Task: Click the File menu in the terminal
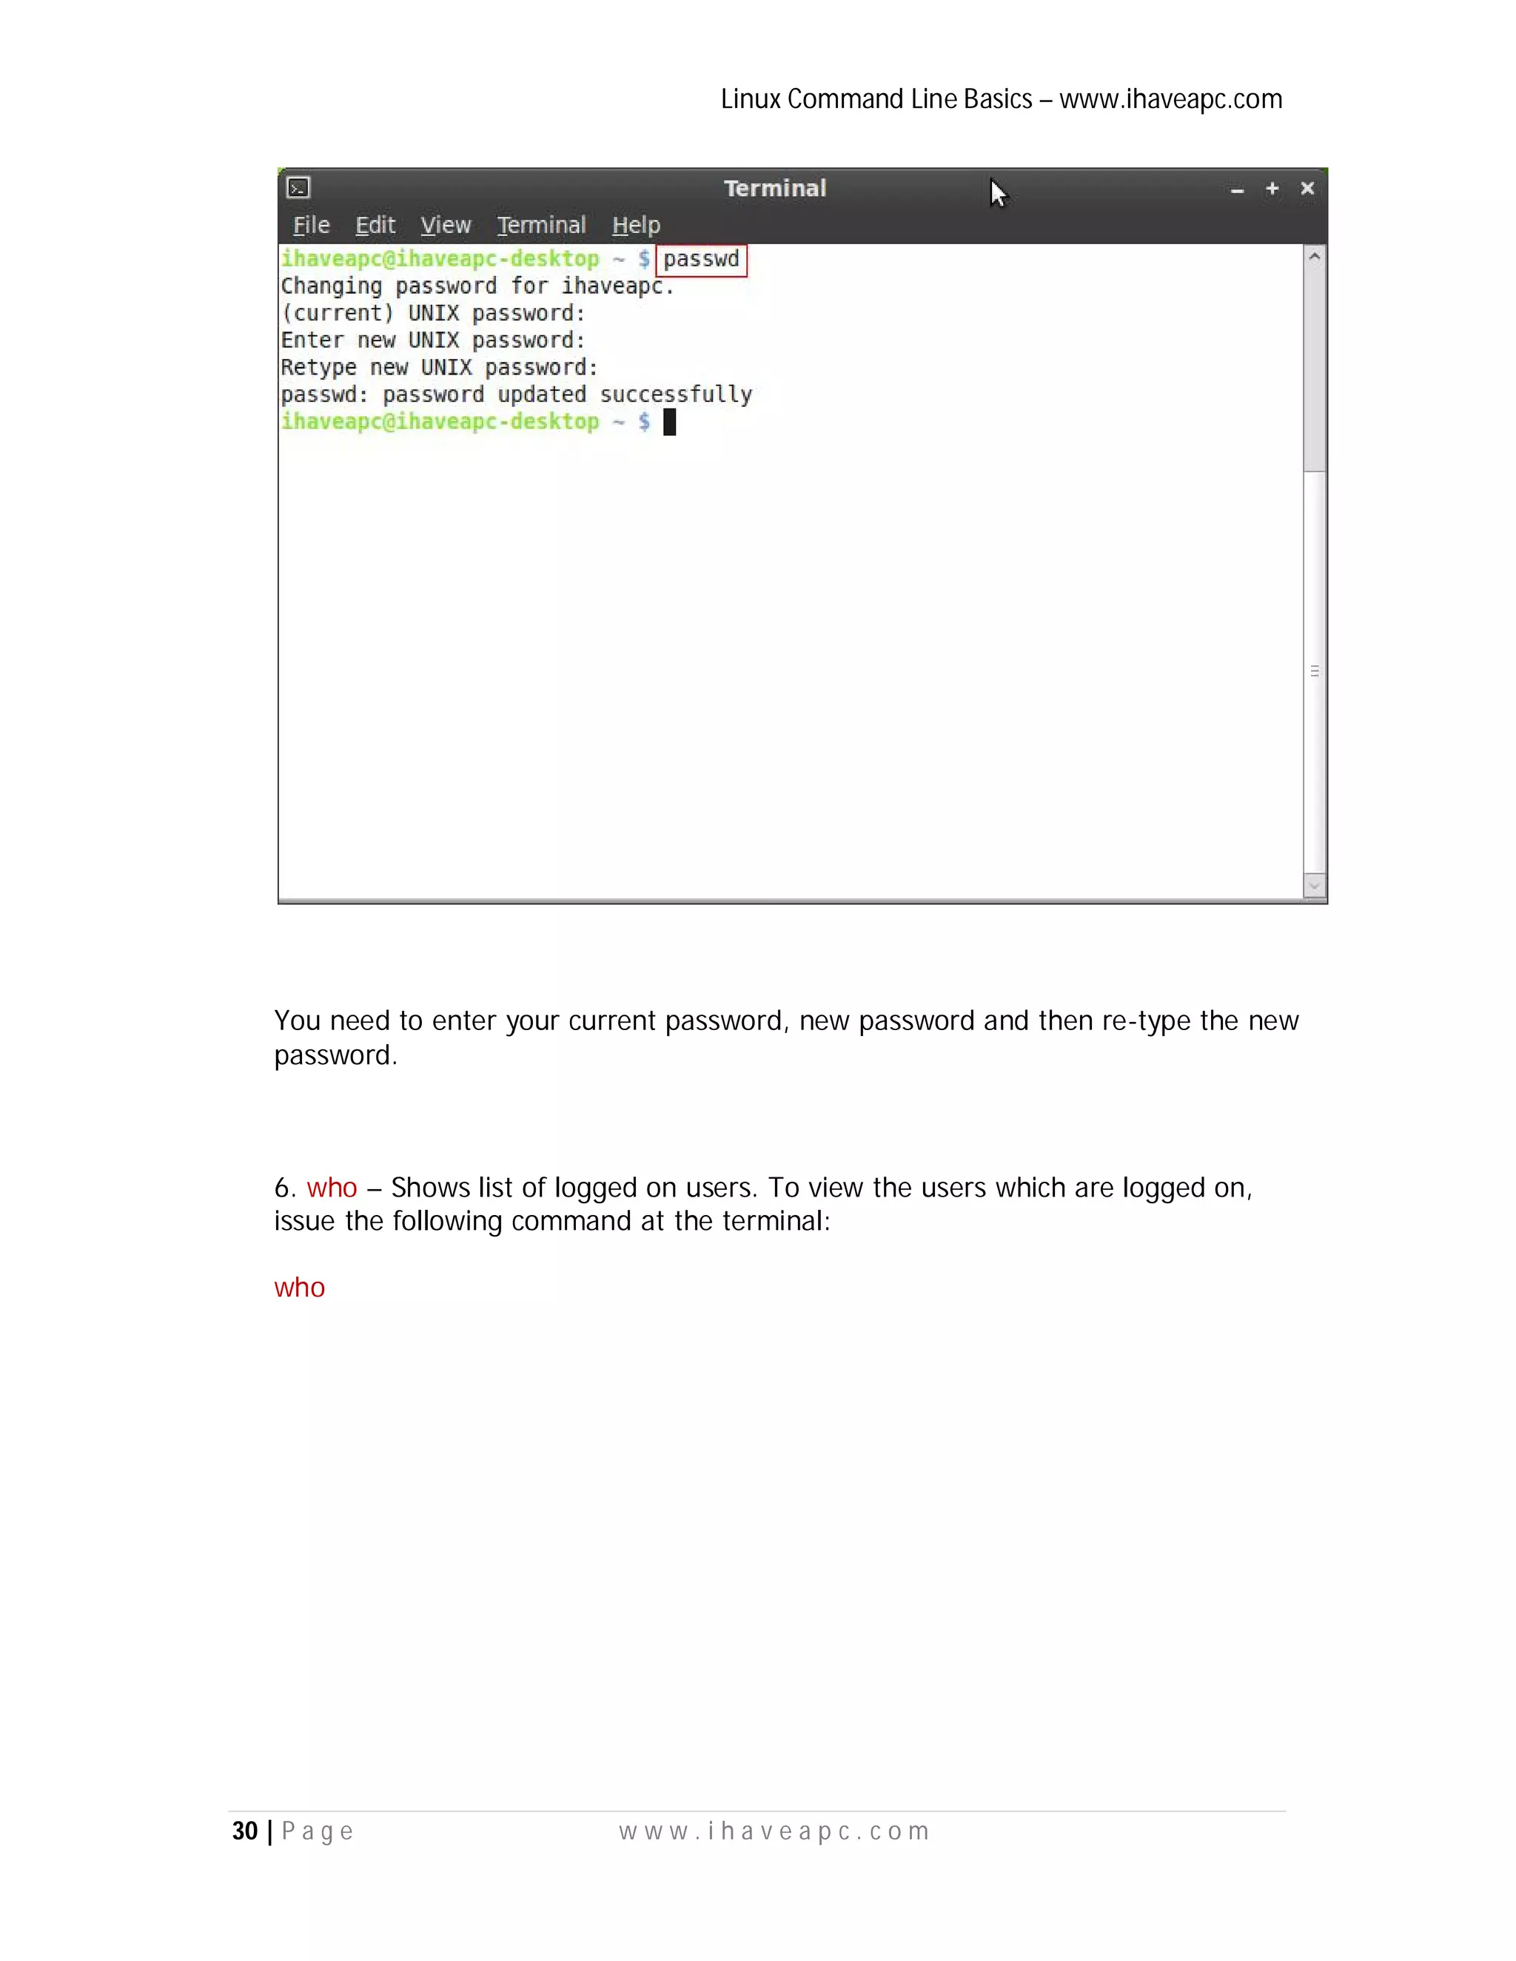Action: (311, 226)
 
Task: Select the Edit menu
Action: (375, 226)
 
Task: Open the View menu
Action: (446, 226)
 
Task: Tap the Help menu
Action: (636, 226)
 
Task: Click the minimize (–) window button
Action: (1237, 190)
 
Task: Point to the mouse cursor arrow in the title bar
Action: (998, 193)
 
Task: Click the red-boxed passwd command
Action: (702, 260)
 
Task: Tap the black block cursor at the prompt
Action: (669, 422)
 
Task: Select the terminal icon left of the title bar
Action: (298, 188)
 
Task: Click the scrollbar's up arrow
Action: (1314, 257)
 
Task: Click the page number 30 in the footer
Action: (244, 1831)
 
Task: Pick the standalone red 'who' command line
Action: (299, 1288)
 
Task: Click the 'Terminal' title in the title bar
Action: (774, 189)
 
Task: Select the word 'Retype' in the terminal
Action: (318, 368)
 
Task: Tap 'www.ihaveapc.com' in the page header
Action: (1170, 98)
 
